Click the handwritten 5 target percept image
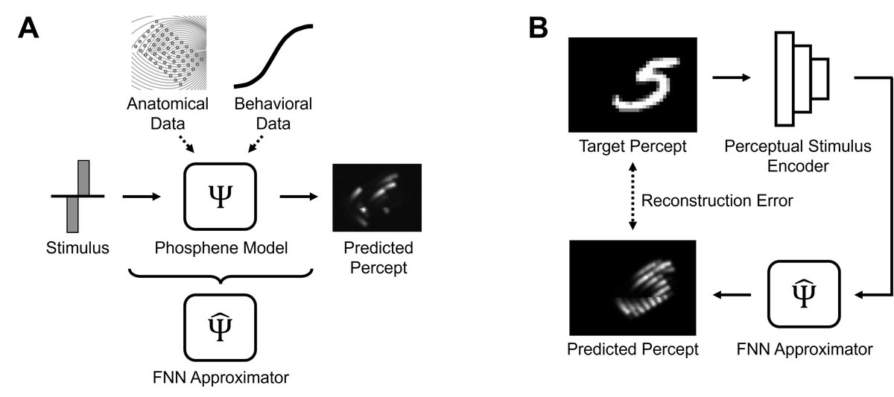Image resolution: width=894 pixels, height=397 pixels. [632, 85]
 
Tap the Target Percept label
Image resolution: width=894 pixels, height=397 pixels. [632, 145]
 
